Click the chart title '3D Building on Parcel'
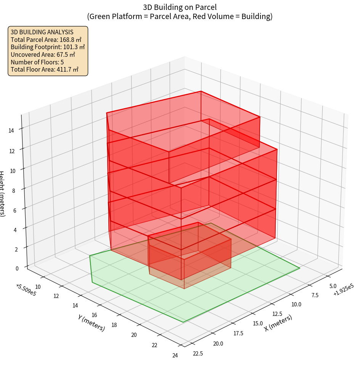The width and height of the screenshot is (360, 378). [180, 7]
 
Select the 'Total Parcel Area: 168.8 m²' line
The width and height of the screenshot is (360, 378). [46, 40]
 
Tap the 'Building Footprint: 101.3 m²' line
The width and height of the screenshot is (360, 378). [48, 47]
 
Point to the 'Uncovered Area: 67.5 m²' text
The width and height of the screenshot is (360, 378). [44, 54]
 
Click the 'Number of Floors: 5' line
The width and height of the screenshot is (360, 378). [37, 62]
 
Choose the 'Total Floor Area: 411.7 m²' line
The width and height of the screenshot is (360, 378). [45, 70]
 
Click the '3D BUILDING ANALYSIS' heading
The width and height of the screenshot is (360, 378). [42, 32]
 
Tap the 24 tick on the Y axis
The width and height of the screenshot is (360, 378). [175, 356]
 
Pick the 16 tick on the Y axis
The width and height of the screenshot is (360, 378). [95, 315]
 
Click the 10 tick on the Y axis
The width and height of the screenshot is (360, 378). [37, 287]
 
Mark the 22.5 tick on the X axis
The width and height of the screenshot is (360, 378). [198, 353]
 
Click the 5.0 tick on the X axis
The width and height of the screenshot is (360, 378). [332, 286]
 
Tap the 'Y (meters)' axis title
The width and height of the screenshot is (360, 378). [92, 323]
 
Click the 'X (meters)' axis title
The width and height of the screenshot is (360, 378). [278, 323]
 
